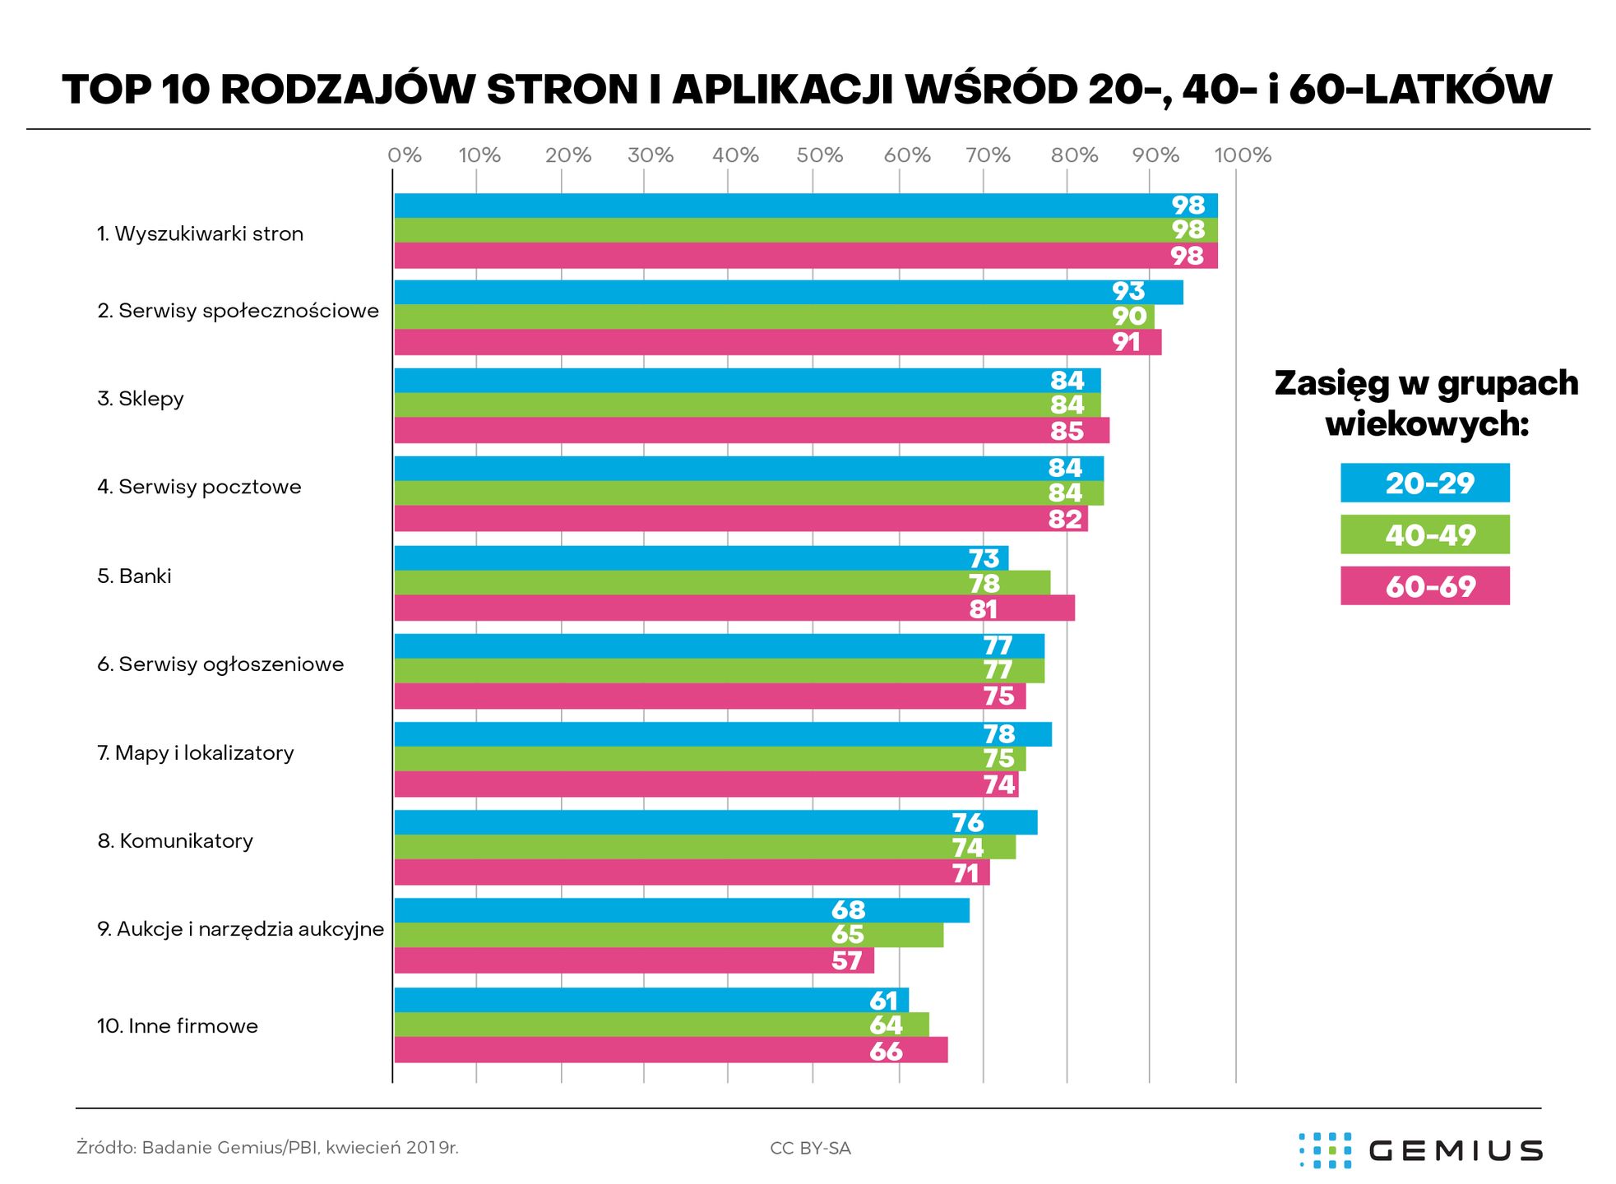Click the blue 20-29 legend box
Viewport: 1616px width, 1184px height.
(x=1424, y=483)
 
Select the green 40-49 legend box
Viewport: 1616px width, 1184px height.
(x=1424, y=534)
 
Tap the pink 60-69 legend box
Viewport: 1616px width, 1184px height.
(x=1424, y=586)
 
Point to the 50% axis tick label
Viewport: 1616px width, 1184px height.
(x=819, y=155)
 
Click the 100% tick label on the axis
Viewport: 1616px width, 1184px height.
(x=1243, y=155)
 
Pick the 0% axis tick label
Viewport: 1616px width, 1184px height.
(x=405, y=155)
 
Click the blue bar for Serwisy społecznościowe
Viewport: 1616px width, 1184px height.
(x=788, y=292)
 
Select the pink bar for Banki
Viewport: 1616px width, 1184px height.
(x=734, y=608)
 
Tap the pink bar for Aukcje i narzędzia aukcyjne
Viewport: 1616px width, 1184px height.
(x=633, y=960)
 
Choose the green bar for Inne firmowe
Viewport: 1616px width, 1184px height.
(x=661, y=1024)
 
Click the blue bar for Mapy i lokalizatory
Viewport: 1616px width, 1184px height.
(x=722, y=733)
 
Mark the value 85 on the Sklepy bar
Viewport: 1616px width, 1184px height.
(x=1067, y=431)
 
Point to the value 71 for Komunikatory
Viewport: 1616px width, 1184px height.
(x=966, y=873)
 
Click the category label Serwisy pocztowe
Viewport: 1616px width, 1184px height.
(x=199, y=487)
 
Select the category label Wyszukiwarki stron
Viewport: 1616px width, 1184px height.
(x=200, y=234)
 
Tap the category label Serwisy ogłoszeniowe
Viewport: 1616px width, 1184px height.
(x=220, y=664)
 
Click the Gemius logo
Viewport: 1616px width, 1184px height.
(x=1420, y=1149)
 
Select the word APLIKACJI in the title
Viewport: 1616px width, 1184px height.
(x=782, y=89)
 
